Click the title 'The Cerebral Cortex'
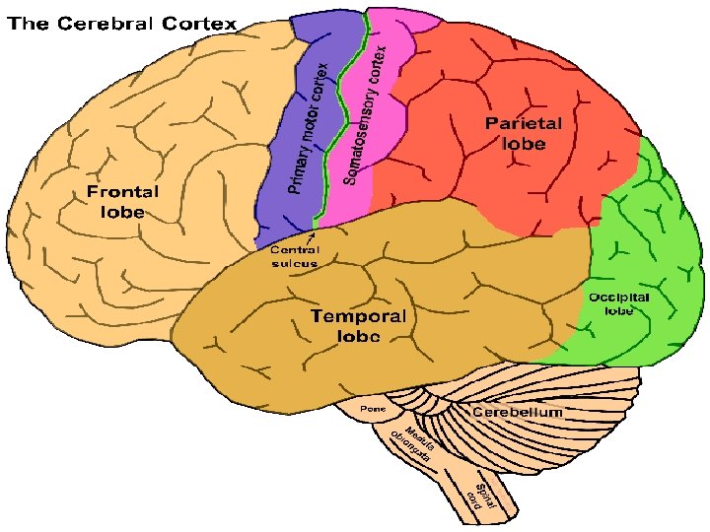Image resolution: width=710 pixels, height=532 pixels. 123,23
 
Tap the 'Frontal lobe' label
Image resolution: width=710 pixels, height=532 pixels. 122,202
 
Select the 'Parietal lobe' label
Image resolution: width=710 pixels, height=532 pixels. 523,133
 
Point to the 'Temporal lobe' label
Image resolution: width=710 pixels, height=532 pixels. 358,326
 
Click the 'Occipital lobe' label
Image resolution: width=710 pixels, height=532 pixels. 618,302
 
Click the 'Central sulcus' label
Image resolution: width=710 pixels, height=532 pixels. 294,257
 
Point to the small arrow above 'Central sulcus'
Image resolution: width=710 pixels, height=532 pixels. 313,236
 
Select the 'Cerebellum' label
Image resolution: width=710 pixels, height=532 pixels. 517,411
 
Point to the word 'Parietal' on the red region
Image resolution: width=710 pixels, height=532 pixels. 523,124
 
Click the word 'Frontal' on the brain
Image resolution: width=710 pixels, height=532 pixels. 122,192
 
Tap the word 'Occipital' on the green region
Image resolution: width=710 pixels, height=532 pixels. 618,297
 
